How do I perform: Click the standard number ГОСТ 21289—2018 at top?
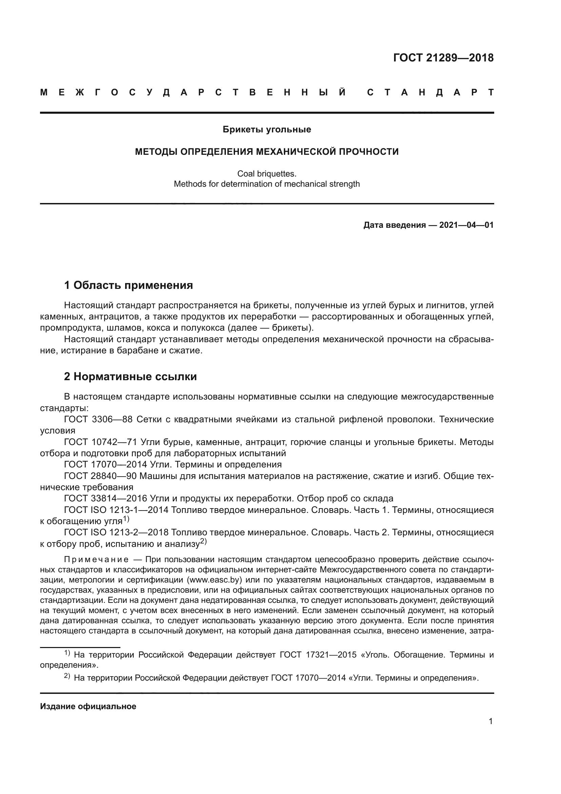point(443,58)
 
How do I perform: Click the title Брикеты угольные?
point(267,129)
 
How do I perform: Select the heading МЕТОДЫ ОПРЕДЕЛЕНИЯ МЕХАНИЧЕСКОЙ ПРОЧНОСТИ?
point(267,151)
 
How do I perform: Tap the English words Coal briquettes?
point(267,173)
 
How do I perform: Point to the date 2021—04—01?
point(466,225)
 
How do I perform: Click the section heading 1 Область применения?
point(128,285)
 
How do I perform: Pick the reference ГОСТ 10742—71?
point(101,442)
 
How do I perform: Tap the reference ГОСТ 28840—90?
point(101,476)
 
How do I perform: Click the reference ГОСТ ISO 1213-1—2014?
point(116,510)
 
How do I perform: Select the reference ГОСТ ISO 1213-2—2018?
point(116,532)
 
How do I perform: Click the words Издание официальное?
point(88,706)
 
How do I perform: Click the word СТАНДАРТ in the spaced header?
point(430,92)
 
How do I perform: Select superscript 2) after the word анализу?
point(204,541)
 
